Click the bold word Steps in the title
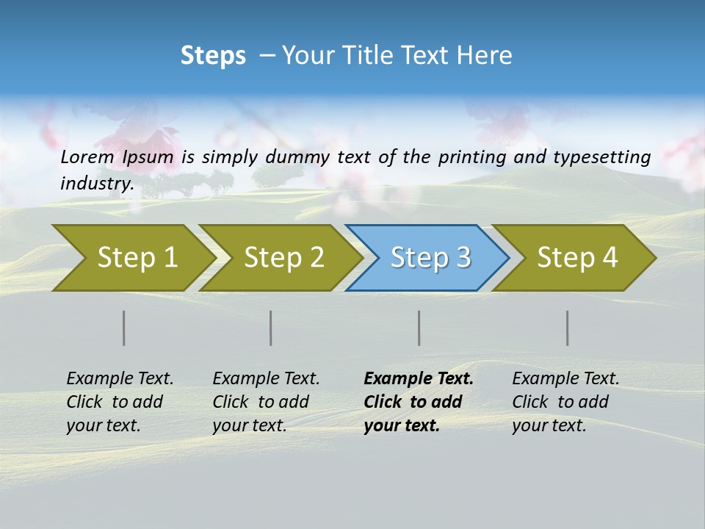pyautogui.click(x=213, y=56)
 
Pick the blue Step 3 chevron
pyautogui.click(x=427, y=258)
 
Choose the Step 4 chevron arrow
pyautogui.click(x=574, y=258)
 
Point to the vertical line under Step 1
pyautogui.click(x=124, y=328)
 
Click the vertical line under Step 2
pyautogui.click(x=271, y=328)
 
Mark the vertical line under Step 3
pyautogui.click(x=419, y=328)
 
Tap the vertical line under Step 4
pyautogui.click(x=568, y=328)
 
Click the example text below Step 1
pyautogui.click(x=119, y=402)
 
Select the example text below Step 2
pyautogui.click(x=265, y=402)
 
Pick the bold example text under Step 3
pyautogui.click(x=418, y=402)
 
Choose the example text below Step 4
pyautogui.click(x=565, y=402)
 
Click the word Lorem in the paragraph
pyautogui.click(x=88, y=157)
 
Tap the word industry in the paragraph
pyautogui.click(x=96, y=184)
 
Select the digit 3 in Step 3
pyautogui.click(x=463, y=258)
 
